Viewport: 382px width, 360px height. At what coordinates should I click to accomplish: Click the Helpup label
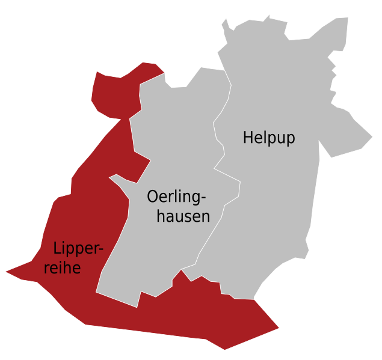[269, 138]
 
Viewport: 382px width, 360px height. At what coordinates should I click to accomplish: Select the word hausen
[183, 216]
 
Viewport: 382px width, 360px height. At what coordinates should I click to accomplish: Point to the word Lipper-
[78, 249]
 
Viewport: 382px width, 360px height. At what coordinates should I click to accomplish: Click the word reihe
[63, 267]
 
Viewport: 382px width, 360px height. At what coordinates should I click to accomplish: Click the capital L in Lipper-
[57, 248]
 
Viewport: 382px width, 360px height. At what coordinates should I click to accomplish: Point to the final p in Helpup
[291, 139]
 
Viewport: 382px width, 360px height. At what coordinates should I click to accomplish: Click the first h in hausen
[161, 216]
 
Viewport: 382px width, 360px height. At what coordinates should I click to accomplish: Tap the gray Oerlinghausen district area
[162, 252]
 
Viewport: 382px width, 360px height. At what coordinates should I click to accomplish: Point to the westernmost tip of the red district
[5, 272]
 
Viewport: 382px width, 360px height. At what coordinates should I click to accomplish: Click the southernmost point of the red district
[225, 349]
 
